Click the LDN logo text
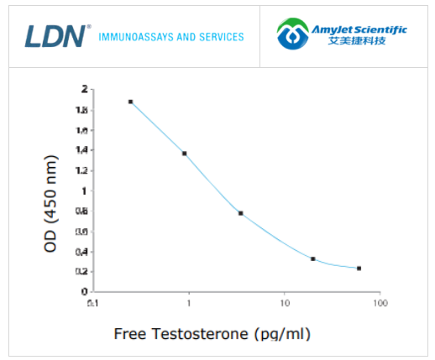coord(55,35)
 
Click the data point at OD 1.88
coord(131,102)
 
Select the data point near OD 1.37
coord(184,154)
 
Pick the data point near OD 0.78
coord(241,213)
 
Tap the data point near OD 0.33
coord(313,258)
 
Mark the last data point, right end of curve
coord(359,269)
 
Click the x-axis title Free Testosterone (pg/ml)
coord(212,334)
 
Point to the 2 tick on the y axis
coord(84,88)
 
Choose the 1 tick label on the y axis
coord(84,190)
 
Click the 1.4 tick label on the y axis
coord(81,149)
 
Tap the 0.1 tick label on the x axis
coord(92,302)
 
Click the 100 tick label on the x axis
coord(380,302)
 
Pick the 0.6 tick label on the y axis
coord(81,231)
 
